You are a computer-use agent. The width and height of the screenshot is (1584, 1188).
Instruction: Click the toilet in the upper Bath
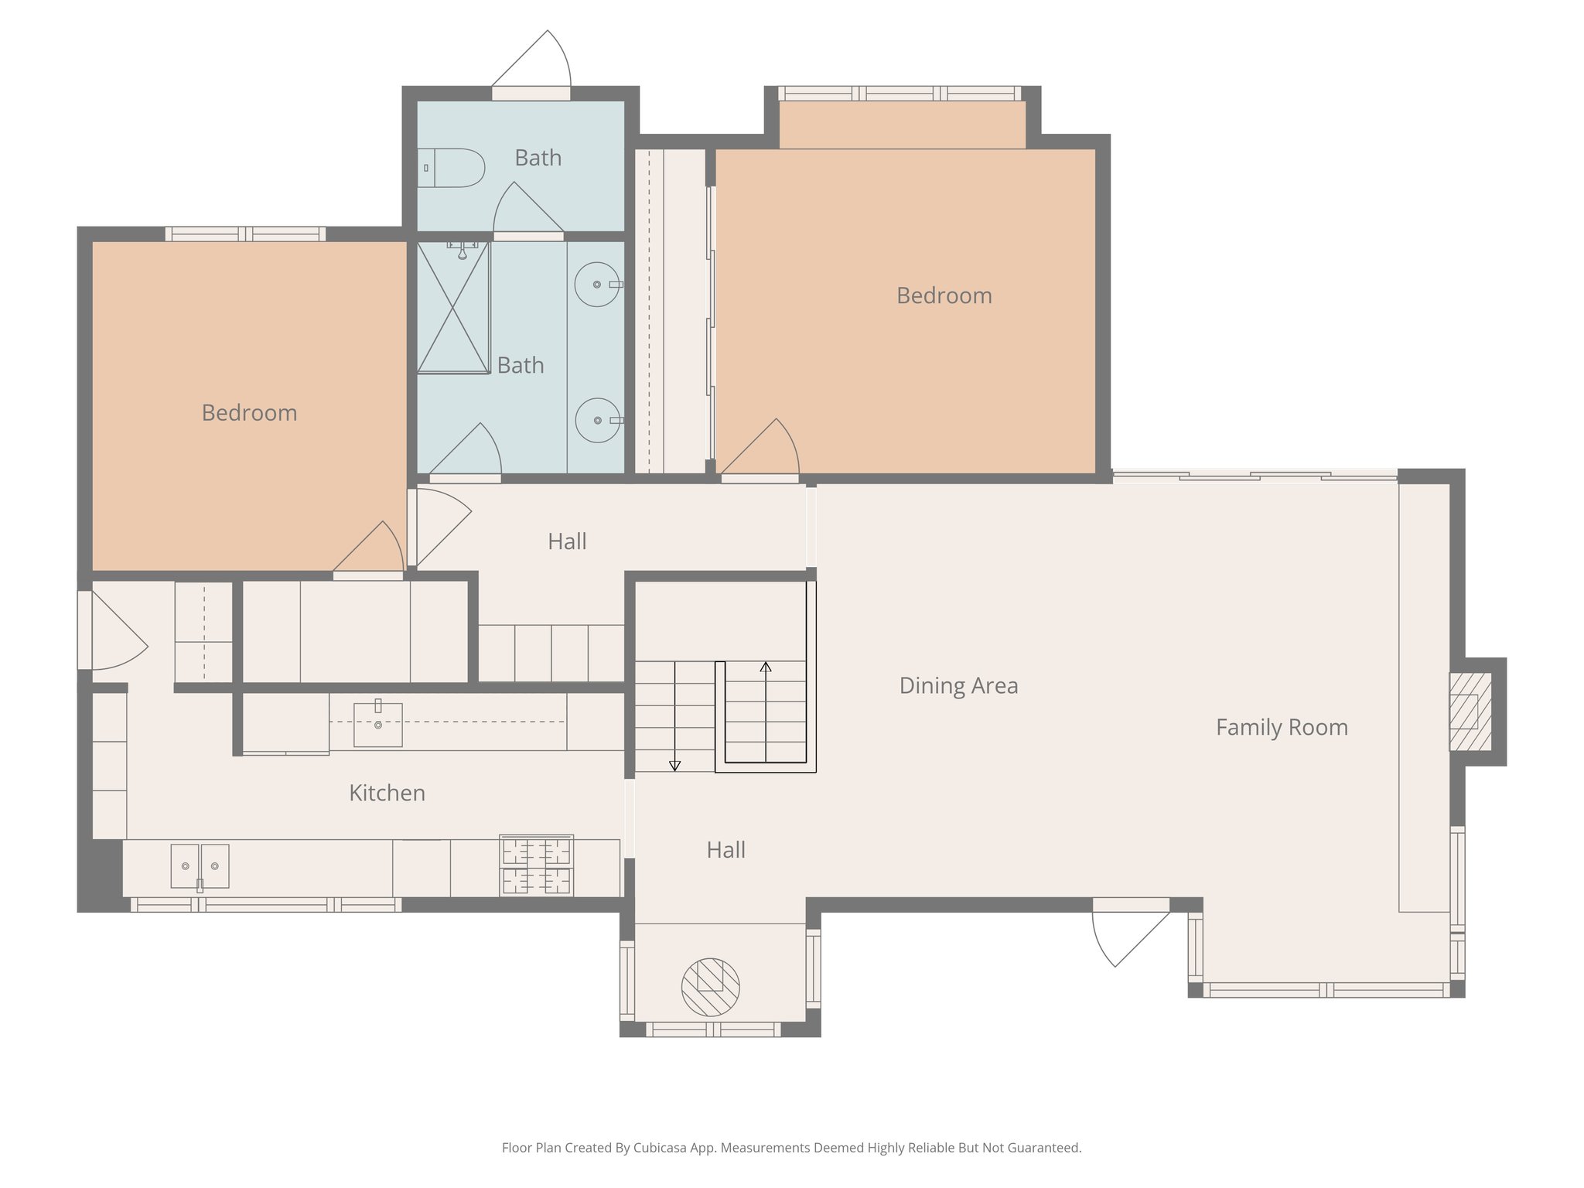coord(453,168)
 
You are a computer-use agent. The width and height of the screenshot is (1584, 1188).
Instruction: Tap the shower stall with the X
coord(453,308)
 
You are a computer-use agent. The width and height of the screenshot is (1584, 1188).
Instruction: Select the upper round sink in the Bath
coord(597,285)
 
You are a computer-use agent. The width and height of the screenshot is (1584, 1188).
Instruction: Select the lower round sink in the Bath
coord(598,420)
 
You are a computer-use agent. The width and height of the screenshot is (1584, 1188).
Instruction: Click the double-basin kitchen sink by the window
coord(200,866)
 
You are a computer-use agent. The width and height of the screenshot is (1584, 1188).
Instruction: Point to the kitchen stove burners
coord(536,865)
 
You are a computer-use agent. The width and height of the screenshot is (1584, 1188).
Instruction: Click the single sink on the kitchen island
coord(378,725)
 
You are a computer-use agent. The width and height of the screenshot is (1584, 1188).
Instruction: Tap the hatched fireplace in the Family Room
coord(1470,712)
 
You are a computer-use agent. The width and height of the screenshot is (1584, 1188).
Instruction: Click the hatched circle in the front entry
coord(710,987)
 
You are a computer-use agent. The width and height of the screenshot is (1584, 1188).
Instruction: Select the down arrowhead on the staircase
coord(674,766)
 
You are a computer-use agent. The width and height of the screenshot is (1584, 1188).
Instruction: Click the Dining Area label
coord(958,686)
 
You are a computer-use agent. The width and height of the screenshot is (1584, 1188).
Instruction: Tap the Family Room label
coord(1282,727)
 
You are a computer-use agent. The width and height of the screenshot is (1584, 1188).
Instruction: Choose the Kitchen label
coord(387,793)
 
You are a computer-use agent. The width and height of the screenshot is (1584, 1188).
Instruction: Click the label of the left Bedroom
coord(249,413)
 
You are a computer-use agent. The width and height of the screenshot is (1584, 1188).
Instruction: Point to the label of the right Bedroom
coord(944,295)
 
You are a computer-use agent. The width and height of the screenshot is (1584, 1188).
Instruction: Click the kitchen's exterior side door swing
coord(116,634)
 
